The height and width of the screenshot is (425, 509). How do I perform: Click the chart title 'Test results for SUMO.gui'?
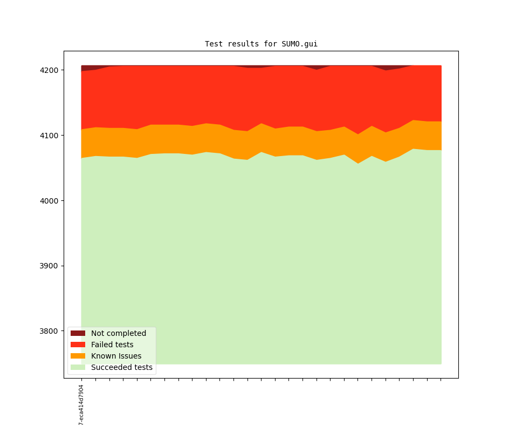[261, 44]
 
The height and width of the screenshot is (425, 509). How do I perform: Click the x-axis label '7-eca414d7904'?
[81, 404]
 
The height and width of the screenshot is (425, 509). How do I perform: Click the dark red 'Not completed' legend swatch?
[78, 333]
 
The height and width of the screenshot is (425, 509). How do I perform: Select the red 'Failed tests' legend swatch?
[78, 345]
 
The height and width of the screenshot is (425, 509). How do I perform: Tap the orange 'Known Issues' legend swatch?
[78, 356]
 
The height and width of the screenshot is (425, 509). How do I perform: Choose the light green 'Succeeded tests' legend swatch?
[78, 367]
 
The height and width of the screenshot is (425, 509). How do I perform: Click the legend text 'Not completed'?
[119, 333]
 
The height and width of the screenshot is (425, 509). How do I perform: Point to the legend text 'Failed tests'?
[112, 345]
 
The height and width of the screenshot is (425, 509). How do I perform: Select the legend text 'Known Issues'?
[116, 356]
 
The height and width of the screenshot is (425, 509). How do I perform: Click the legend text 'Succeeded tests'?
[122, 367]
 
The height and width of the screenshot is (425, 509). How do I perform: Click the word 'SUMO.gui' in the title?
[299, 44]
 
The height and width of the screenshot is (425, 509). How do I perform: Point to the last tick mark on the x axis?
[441, 380]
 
